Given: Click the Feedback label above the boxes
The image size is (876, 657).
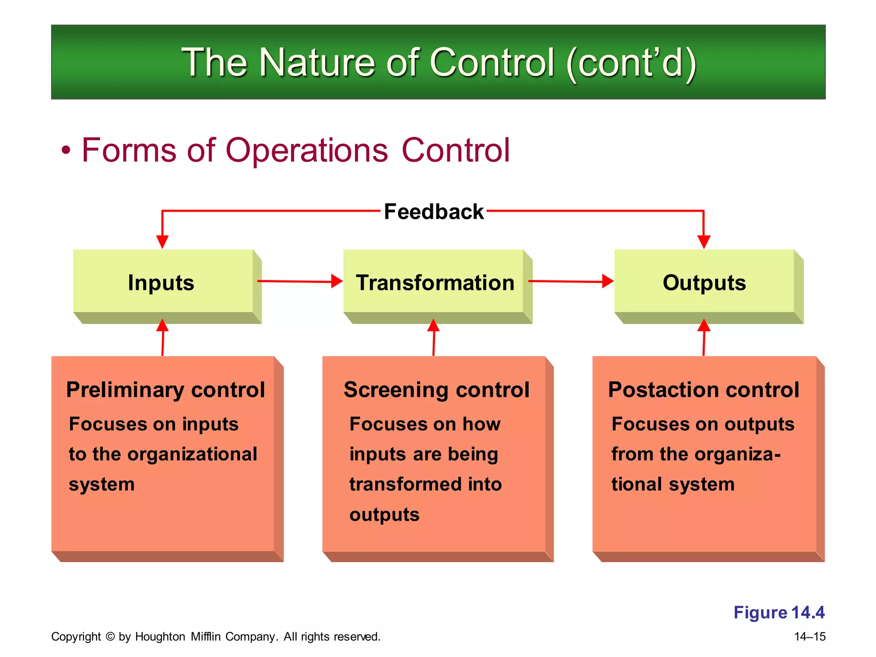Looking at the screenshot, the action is point(433,212).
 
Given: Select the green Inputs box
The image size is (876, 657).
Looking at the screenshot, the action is point(163,282).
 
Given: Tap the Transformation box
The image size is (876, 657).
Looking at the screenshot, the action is point(434,282).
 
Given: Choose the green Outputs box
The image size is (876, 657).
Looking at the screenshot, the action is point(704,282).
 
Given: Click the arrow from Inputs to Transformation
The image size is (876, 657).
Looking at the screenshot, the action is point(299,281).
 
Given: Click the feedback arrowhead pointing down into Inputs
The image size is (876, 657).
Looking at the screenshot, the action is point(162,242).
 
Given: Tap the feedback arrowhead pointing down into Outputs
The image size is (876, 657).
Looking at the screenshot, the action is point(704,242).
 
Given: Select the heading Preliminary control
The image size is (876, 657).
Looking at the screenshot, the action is point(166,390).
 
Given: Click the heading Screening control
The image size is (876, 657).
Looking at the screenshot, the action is point(436,390).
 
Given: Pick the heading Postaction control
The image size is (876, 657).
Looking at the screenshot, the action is point(704,390).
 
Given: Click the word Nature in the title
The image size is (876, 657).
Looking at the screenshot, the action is point(317,63).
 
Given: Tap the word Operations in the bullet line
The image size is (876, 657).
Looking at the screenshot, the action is point(306,151).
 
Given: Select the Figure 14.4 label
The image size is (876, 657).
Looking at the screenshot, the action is point(778,612).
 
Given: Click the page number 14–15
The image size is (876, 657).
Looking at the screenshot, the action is point(809,636).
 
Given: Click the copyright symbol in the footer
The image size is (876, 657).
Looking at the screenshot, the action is point(110,636).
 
